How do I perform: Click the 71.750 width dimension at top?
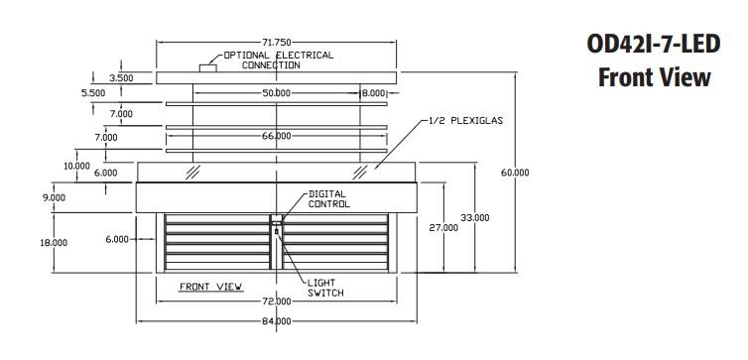pyautogui.click(x=276, y=43)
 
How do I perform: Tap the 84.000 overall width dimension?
pyautogui.click(x=276, y=321)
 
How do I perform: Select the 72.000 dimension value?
pyautogui.click(x=276, y=301)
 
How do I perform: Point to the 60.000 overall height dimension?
pyautogui.click(x=515, y=173)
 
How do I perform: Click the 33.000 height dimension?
pyautogui.click(x=474, y=218)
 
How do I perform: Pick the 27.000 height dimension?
pyautogui.click(x=443, y=228)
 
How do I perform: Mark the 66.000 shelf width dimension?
pyautogui.click(x=276, y=136)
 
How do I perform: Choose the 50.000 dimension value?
pyautogui.click(x=276, y=93)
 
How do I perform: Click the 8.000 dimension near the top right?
pyautogui.click(x=373, y=93)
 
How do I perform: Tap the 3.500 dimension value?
pyautogui.click(x=121, y=78)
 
